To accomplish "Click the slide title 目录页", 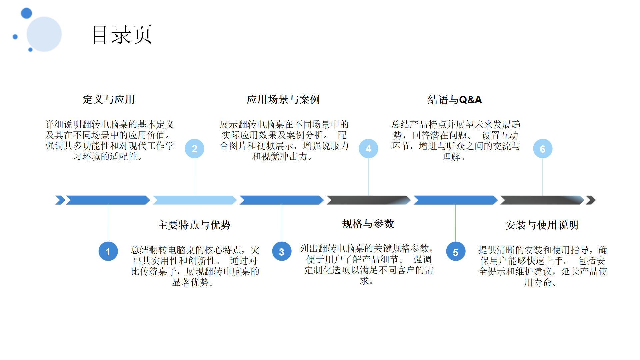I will pos(122,35).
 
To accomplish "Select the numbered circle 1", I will pos(108,251).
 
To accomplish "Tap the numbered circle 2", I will pos(195,149).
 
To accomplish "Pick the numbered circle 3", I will pos(282,251).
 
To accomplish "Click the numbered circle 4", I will pos(368,149).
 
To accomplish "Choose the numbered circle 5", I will pos(456,251).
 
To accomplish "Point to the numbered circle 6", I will pos(542,149).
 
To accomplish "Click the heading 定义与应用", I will pos(109,99).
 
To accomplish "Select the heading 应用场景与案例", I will pos(283,99).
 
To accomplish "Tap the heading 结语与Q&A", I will pos(455,100).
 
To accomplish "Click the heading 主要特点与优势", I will pos(194,225).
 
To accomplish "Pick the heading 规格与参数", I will pos(368,224).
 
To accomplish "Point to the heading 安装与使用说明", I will pos(542,225).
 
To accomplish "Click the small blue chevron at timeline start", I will pos(60,200).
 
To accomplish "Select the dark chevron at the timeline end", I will pos(590,200).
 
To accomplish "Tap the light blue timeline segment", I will pos(195,200).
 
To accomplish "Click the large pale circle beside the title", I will pos(44,34).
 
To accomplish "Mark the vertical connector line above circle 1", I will pos(108,223).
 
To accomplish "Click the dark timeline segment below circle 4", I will pos(368,200).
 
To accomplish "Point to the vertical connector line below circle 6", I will pos(542,177).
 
